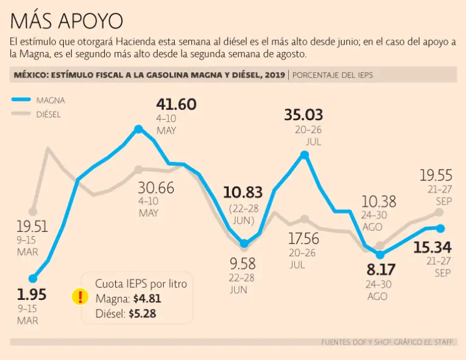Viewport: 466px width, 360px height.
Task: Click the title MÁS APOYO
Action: click(67, 21)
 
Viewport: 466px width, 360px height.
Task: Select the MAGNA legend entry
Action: click(50, 100)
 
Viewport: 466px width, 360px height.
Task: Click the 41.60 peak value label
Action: click(176, 104)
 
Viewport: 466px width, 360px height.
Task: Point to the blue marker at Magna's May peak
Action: click(139, 129)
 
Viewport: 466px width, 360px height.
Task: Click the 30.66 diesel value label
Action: click(155, 188)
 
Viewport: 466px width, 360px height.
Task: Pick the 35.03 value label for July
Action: click(303, 115)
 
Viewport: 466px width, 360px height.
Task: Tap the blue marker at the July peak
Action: click(305, 155)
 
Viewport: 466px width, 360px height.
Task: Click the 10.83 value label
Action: click(243, 193)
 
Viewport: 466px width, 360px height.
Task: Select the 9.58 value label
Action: click(243, 263)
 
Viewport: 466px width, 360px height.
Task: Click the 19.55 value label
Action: click(436, 176)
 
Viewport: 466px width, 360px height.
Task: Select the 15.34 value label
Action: click(433, 247)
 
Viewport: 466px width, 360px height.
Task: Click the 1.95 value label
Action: click(32, 295)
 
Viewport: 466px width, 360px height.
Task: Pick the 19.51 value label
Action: click(32, 227)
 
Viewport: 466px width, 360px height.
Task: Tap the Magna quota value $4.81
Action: click(147, 299)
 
